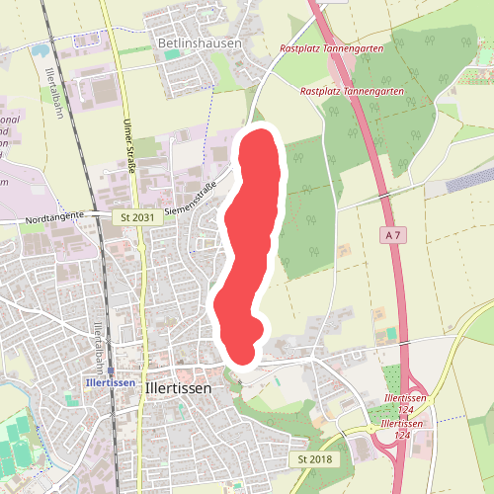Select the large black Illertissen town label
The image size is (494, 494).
pyautogui.click(x=178, y=388)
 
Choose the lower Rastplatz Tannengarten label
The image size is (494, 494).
pyautogui.click(x=352, y=91)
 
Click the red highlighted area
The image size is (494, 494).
pyautogui.click(x=249, y=247)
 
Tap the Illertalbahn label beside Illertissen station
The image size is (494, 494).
pyautogui.click(x=98, y=341)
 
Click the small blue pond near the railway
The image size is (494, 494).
pyautogui.click(x=40, y=47)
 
